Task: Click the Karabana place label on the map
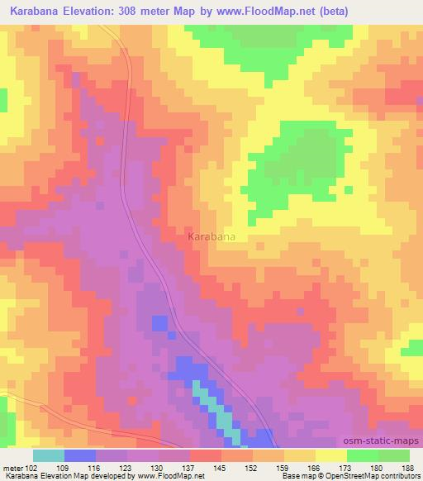(x=211, y=236)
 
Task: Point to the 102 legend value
(x=31, y=469)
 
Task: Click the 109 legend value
(x=66, y=469)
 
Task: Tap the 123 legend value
(x=128, y=469)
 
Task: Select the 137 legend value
(x=189, y=469)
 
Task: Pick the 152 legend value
(x=252, y=469)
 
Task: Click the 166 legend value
(x=314, y=469)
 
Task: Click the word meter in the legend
(x=12, y=469)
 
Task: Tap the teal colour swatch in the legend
(x=49, y=455)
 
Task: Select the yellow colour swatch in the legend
(x=330, y=455)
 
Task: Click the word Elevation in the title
(x=93, y=11)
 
